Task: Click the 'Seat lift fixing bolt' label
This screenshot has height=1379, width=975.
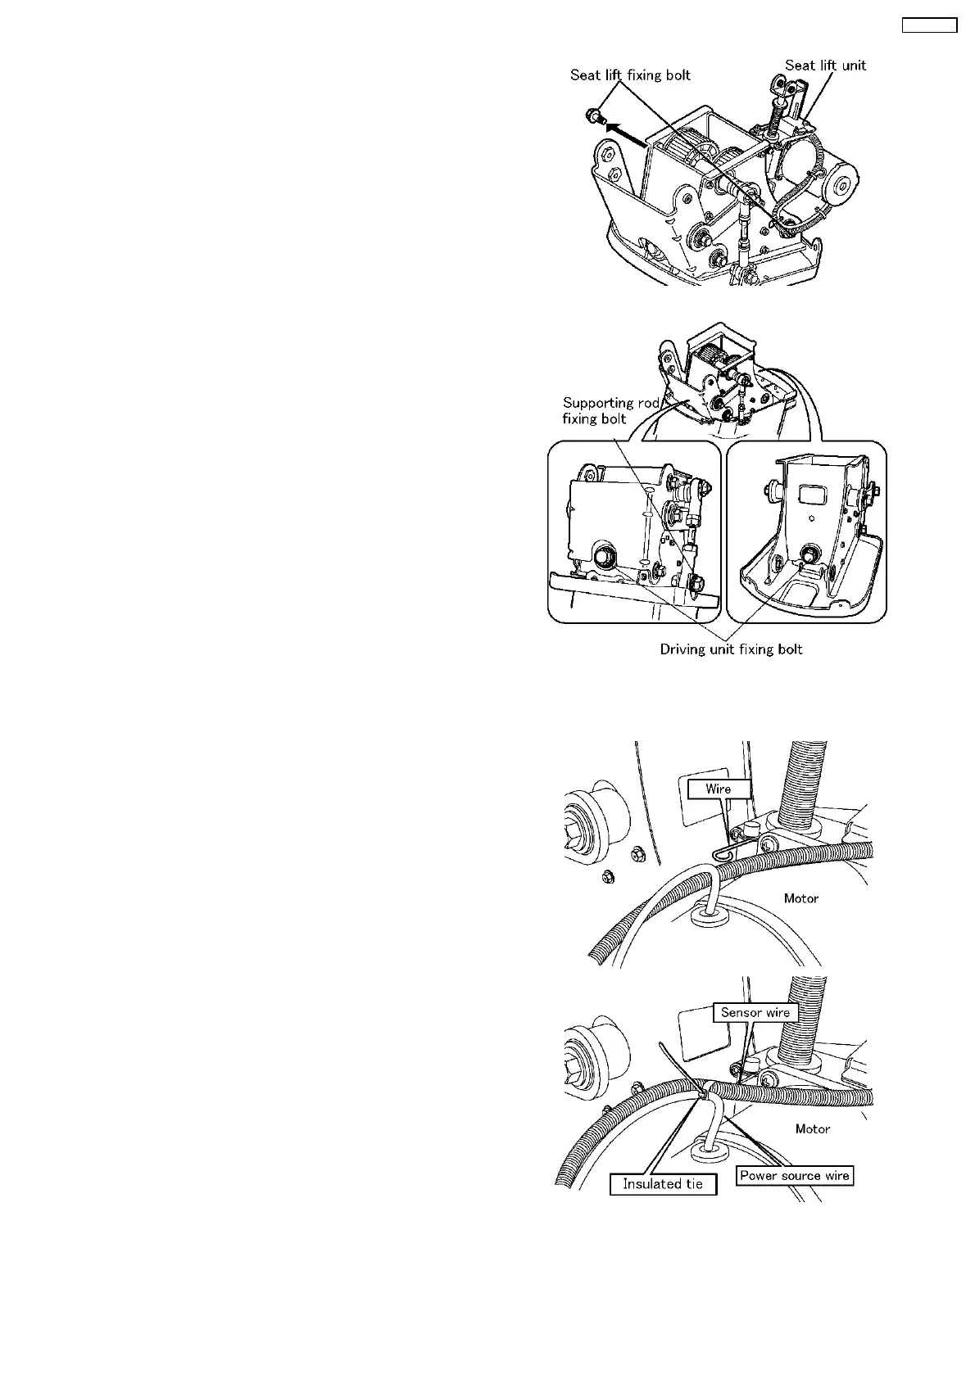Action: coord(630,75)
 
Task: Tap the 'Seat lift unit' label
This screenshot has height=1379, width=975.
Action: coord(825,66)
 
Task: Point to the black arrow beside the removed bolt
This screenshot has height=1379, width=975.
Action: coord(623,131)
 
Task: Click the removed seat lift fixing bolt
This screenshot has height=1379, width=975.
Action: coord(594,117)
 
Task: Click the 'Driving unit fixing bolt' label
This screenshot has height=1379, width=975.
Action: coord(731,649)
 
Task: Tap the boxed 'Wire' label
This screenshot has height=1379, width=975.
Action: coord(718,789)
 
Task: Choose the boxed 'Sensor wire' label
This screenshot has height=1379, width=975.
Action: coord(755,1012)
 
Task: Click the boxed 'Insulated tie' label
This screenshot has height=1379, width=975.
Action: coord(662,1184)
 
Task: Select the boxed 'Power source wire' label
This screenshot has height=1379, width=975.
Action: coord(794,1176)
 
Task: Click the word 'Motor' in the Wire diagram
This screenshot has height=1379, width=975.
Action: coord(800,898)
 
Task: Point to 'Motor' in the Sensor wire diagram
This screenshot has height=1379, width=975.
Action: coord(812,1128)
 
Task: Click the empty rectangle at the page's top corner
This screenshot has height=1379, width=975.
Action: coord(929,25)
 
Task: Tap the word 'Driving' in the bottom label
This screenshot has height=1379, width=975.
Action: coord(686,649)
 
